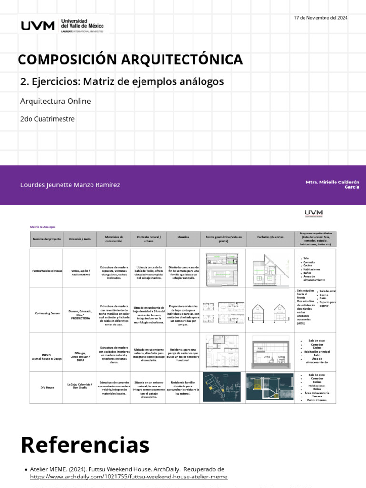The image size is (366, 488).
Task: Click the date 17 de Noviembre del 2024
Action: [x=321, y=18]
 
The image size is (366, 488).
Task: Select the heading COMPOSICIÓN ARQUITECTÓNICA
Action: [x=130, y=60]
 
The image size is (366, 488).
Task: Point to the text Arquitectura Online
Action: [x=55, y=101]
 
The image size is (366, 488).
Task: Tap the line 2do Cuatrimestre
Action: [x=48, y=119]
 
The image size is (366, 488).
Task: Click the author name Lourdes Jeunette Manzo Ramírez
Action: [x=70, y=185]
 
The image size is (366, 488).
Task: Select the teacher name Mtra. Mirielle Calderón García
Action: [x=333, y=185]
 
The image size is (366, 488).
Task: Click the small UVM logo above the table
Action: [x=314, y=213]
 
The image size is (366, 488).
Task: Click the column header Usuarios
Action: [x=183, y=237]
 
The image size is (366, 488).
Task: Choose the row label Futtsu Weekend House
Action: [x=46, y=270]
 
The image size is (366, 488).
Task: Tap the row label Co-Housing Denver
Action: [x=46, y=313]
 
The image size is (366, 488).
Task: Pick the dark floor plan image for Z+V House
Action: [x=222, y=387]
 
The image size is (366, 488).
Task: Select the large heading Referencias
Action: [x=85, y=445]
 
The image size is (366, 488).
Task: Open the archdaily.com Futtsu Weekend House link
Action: [x=129, y=477]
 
